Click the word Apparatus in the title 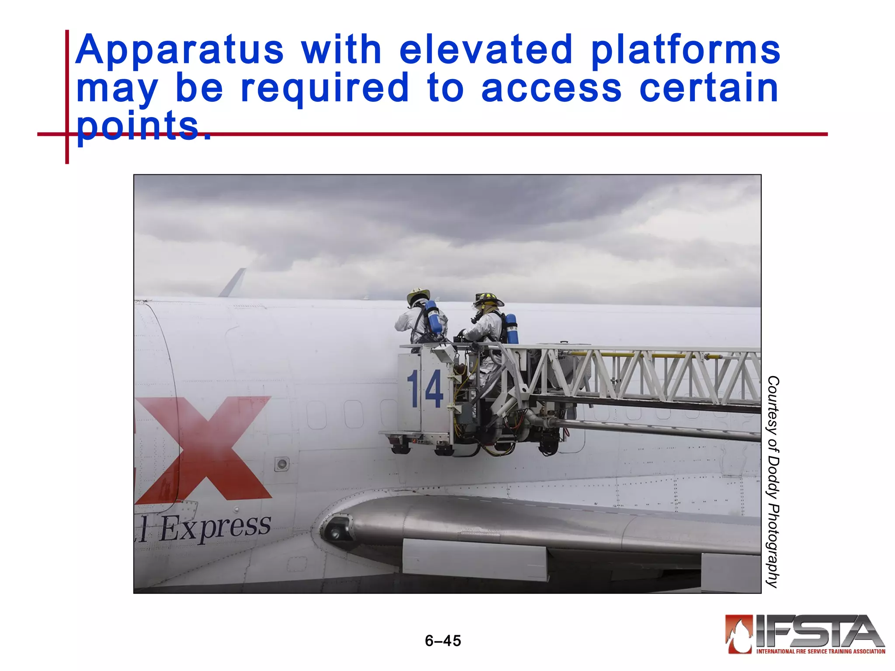coord(179,50)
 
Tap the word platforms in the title coord(685,50)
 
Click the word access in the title coord(551,89)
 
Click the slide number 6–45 coord(443,641)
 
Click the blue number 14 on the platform coord(425,389)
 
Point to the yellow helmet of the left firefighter coord(418,295)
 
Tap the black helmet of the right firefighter coord(488,299)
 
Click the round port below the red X coord(281,463)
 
